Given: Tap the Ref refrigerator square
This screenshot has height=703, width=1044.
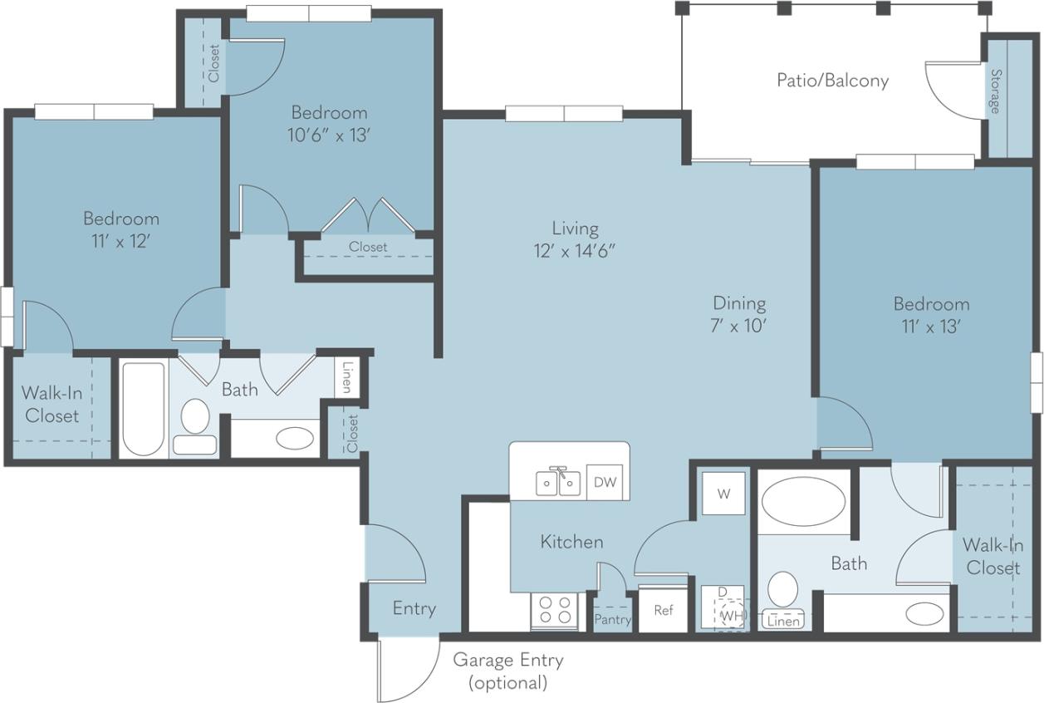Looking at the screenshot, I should pyautogui.click(x=663, y=610).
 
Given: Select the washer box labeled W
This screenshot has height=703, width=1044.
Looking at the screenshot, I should pyautogui.click(x=723, y=494).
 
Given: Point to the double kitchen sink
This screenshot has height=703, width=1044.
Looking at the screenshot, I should pyautogui.click(x=558, y=482).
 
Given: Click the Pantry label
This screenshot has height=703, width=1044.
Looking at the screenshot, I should pyautogui.click(x=613, y=620).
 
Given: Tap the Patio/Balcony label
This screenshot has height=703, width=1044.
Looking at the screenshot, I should pyautogui.click(x=832, y=81).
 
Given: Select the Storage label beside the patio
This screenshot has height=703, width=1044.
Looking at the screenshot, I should pyautogui.click(x=994, y=91).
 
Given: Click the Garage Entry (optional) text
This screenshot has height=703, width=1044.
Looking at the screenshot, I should pyautogui.click(x=507, y=671).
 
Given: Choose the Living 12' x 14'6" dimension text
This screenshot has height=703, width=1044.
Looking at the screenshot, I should pyautogui.click(x=575, y=239).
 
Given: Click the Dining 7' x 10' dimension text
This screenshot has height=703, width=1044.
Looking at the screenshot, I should pyautogui.click(x=738, y=314).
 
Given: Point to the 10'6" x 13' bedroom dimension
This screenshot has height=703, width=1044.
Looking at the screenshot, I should pyautogui.click(x=328, y=135).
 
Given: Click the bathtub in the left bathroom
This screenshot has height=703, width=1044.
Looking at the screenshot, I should pyautogui.click(x=144, y=408).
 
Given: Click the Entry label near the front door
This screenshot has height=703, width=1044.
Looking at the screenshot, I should pyautogui.click(x=414, y=608).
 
